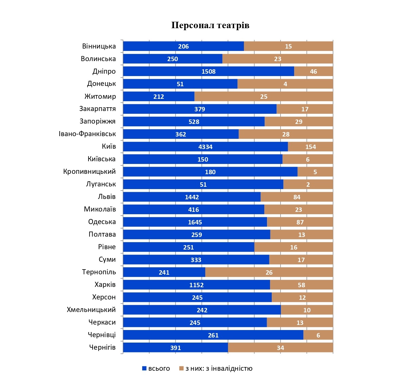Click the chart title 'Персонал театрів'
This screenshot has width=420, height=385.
pos(210,25)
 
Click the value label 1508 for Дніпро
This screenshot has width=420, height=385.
pos(208,72)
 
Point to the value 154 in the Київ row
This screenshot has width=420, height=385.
pos(310,147)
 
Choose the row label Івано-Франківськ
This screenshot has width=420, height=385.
pos(87,134)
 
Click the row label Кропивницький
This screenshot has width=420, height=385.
pos(89,171)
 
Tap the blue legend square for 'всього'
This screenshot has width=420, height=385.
pos(144,368)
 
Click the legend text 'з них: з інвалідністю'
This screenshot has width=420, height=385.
pos(219,368)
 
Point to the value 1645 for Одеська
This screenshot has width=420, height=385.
pos(195,222)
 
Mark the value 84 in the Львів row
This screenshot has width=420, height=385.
pos(297,197)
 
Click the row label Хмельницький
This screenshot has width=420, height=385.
pos(91,310)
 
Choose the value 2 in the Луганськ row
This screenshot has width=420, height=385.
pos(308,185)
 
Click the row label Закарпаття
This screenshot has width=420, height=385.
pos(97,109)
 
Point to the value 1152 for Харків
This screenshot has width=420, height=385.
pos(196,285)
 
